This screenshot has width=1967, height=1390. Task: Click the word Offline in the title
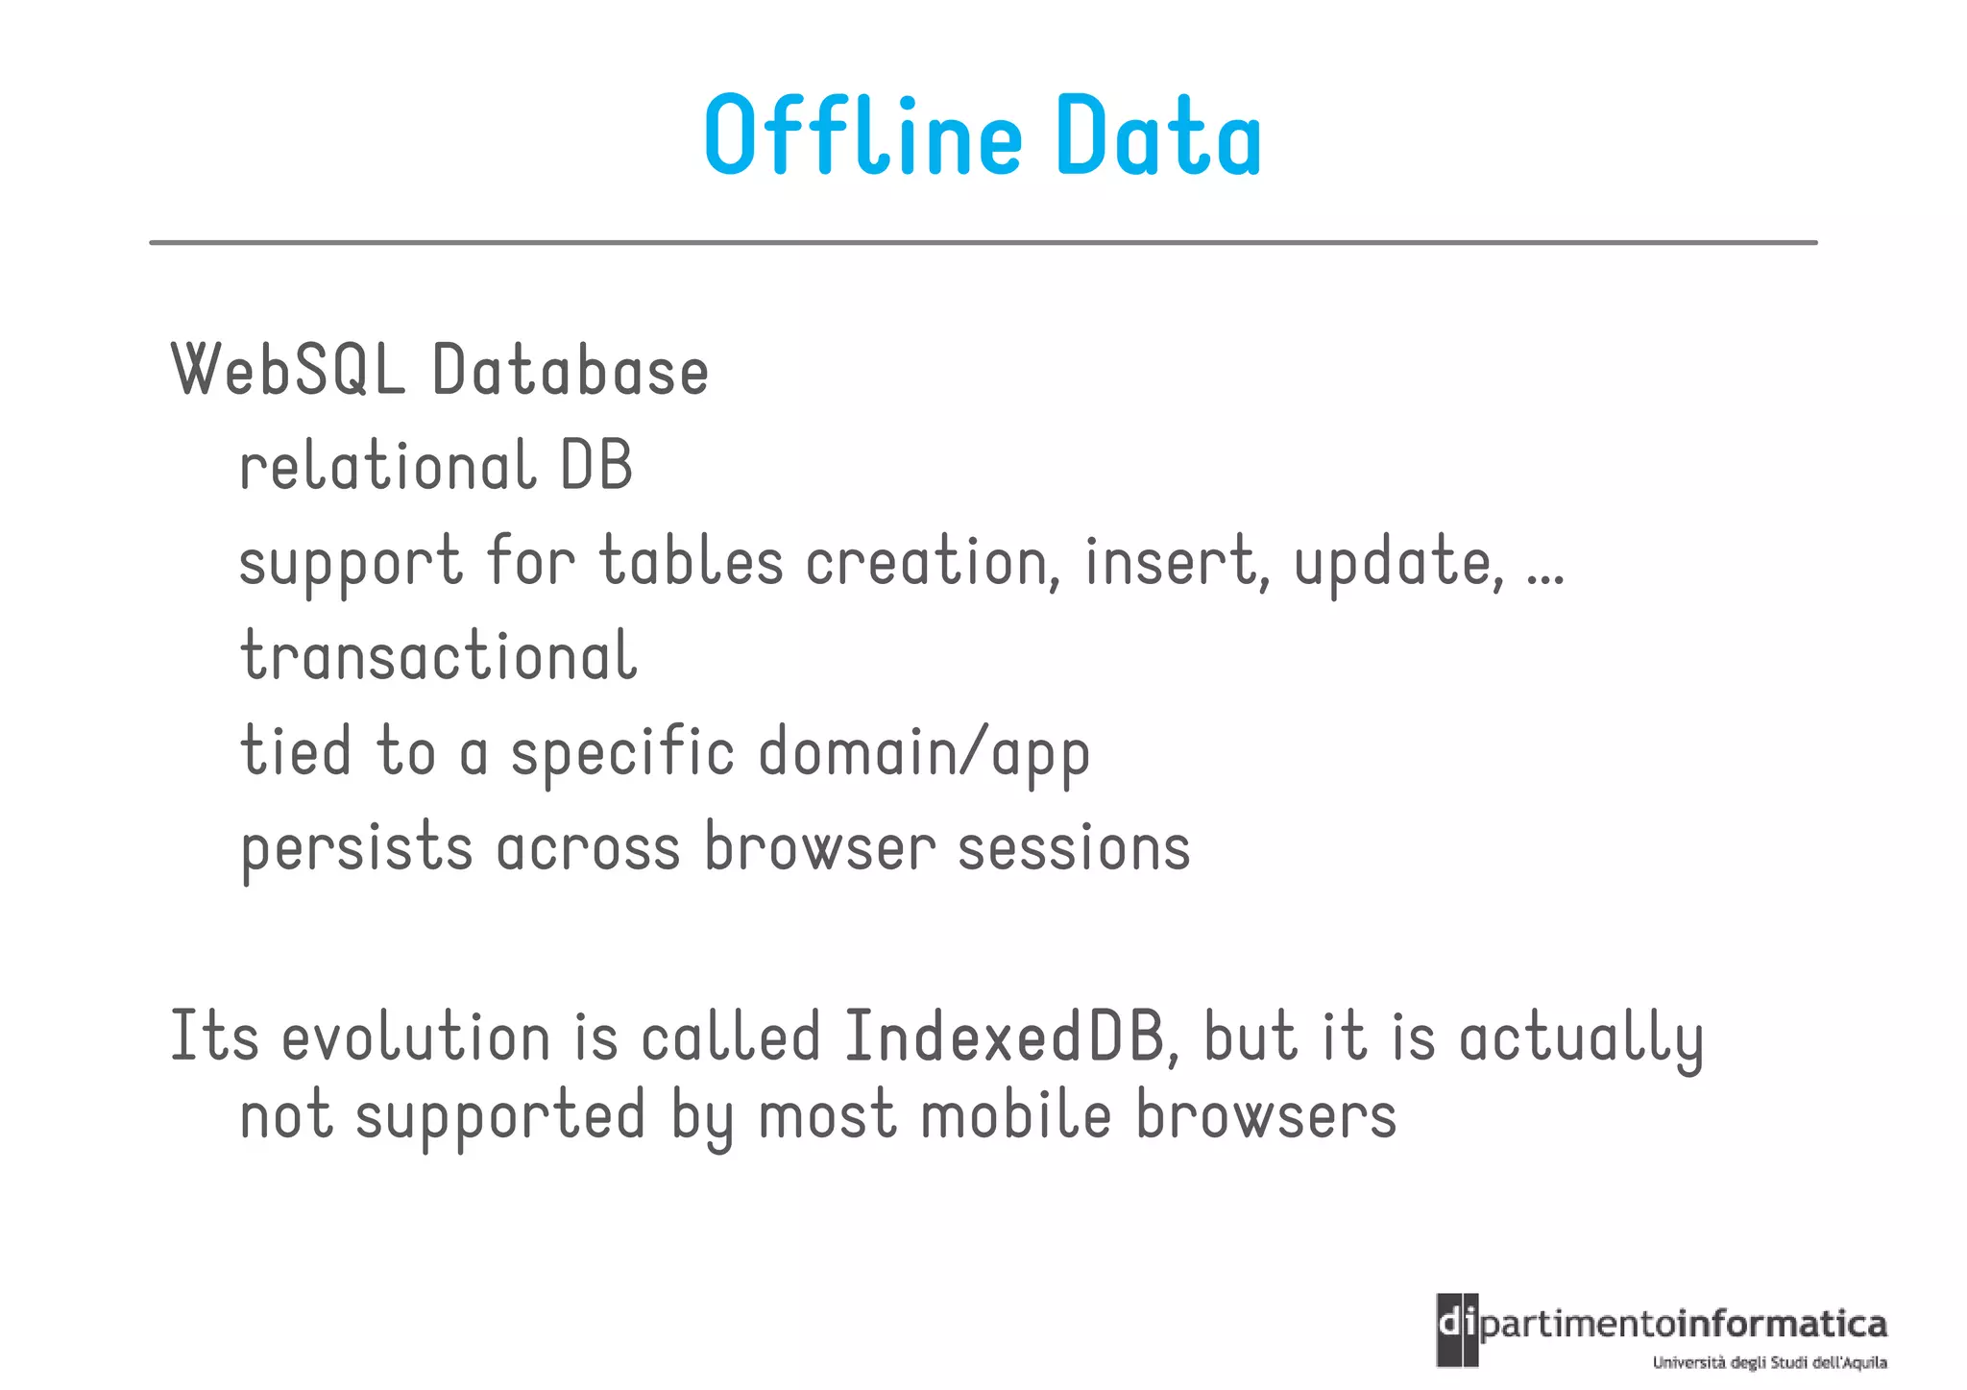click(x=862, y=135)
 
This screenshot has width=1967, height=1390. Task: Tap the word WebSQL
click(x=287, y=370)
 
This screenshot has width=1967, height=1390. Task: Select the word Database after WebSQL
click(x=570, y=370)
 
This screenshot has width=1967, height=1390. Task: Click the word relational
click(x=386, y=466)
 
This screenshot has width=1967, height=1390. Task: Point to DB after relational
click(x=595, y=466)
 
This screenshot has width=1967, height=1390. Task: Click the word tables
click(x=692, y=561)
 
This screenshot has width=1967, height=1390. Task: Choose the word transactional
click(x=438, y=657)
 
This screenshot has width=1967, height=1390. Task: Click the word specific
click(x=622, y=752)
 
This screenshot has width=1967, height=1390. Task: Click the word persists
click(x=356, y=848)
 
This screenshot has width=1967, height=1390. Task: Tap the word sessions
click(x=1074, y=848)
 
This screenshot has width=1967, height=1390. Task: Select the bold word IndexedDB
click(x=1004, y=1037)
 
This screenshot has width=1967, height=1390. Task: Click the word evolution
click(x=416, y=1037)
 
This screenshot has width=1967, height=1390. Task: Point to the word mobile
click(x=1016, y=1116)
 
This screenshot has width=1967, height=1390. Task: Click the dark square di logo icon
click(x=1457, y=1329)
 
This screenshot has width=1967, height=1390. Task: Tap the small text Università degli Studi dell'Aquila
click(x=1769, y=1362)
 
